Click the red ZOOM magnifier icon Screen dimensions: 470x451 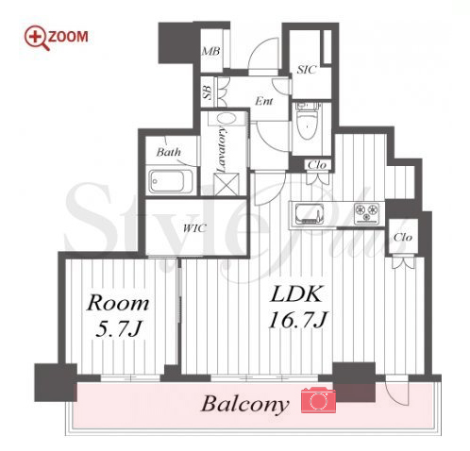pyautogui.click(x=37, y=38)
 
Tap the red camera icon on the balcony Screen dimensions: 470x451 pyautogui.click(x=318, y=400)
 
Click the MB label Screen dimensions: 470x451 pyautogui.click(x=210, y=51)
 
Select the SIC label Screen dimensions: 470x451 pyautogui.click(x=306, y=70)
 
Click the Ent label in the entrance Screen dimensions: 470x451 pyautogui.click(x=263, y=101)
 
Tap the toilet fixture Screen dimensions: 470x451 pyautogui.click(x=308, y=121)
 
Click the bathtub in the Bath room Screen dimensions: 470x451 pyautogui.click(x=171, y=181)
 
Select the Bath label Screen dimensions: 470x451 pyautogui.click(x=169, y=152)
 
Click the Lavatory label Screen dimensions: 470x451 pyautogui.click(x=222, y=149)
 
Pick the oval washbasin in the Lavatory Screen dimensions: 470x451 pyautogui.click(x=226, y=119)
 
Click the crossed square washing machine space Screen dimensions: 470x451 pyautogui.click(x=226, y=184)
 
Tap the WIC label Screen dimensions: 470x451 pyautogui.click(x=194, y=228)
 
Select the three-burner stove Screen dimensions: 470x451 pyautogui.click(x=366, y=213)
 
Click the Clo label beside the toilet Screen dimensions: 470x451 pyautogui.click(x=317, y=165)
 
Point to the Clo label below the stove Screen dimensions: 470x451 pyautogui.click(x=403, y=237)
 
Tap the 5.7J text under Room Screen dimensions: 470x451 pyautogui.click(x=118, y=328)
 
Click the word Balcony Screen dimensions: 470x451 pyautogui.click(x=245, y=404)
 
